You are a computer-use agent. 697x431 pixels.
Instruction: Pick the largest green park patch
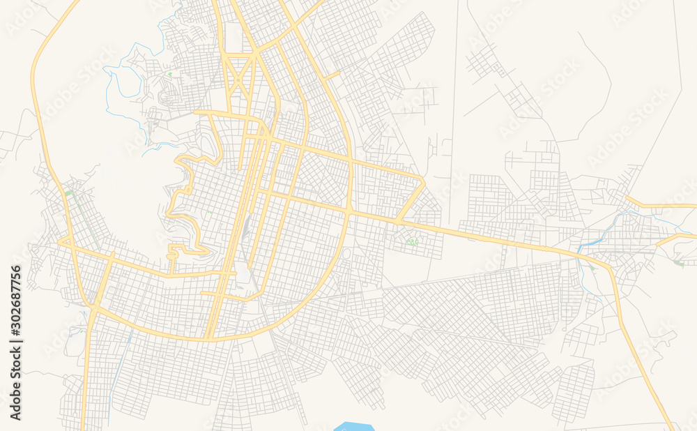point(413,242)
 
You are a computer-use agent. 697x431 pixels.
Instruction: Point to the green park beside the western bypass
point(69,192)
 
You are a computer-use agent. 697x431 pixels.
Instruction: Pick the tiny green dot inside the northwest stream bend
point(169,73)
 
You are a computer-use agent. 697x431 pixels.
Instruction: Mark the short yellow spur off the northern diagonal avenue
point(332,74)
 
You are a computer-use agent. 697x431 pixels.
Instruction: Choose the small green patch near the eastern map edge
point(679,263)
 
